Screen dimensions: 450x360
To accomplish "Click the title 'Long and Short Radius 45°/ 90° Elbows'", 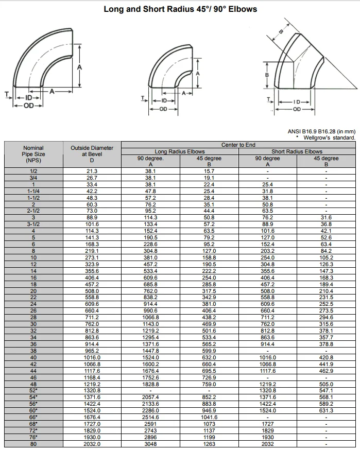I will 180,9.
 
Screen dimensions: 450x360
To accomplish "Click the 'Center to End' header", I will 238,145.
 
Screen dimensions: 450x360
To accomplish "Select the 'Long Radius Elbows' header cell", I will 180,151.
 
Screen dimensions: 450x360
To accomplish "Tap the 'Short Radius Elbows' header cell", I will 297,151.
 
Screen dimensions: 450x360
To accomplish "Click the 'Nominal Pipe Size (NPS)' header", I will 33,154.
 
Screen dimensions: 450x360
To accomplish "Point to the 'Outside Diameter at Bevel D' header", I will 92,154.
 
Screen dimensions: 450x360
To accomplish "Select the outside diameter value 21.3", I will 92,171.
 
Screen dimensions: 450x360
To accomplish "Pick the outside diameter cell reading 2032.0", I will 92,444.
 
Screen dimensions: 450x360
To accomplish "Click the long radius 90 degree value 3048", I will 150,444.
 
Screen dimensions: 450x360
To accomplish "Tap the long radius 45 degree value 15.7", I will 209,171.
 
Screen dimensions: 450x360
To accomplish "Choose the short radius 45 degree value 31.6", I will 326,218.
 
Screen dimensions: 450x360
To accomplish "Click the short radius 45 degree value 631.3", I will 326,410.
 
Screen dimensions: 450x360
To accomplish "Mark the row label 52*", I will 33,390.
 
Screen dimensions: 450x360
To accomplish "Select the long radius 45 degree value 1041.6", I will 209,417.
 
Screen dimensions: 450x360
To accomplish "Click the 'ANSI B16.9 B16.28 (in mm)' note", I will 321,132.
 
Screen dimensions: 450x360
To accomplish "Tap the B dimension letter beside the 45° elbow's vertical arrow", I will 267,75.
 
